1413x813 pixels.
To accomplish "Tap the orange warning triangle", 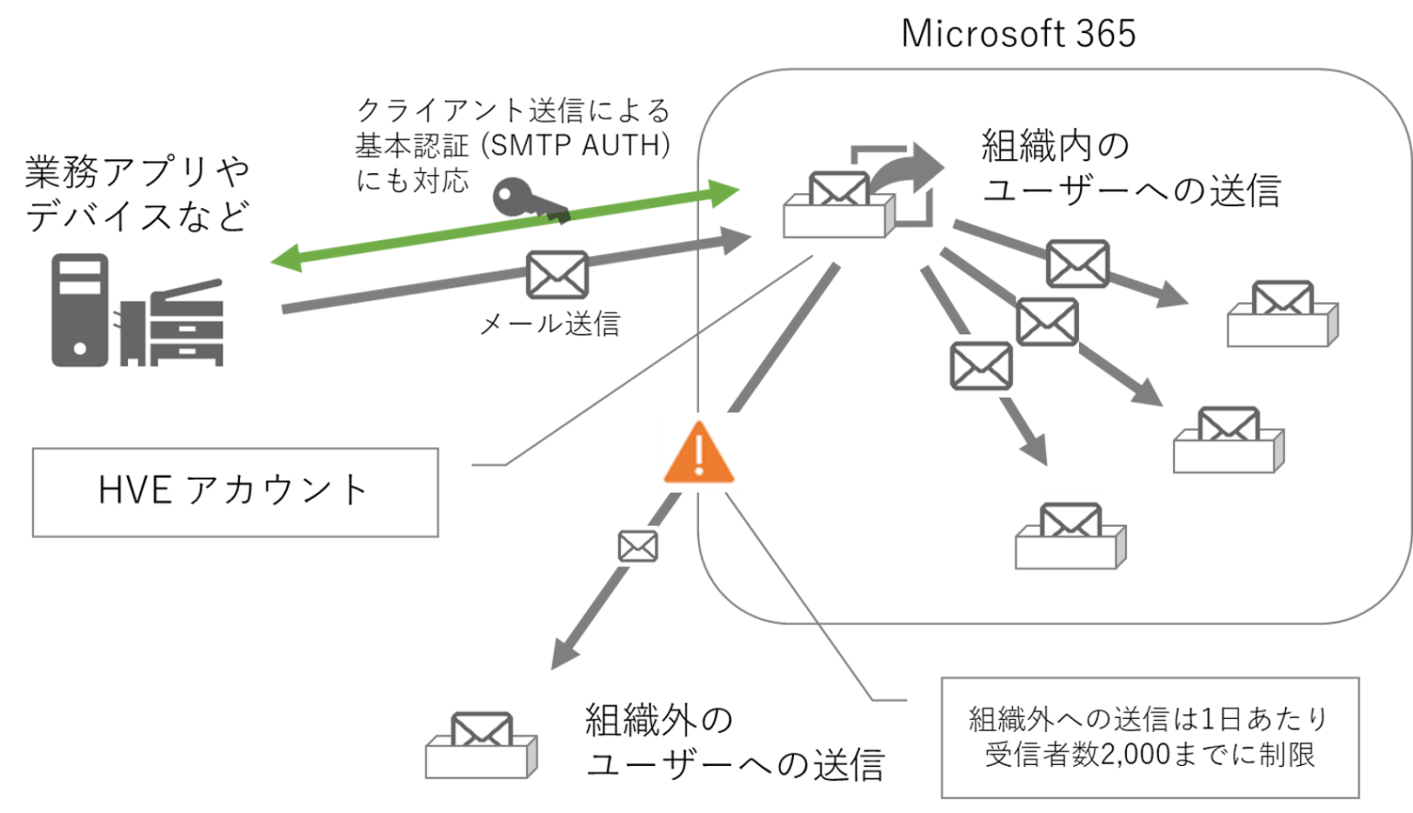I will point(700,452).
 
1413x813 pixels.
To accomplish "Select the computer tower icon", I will point(80,310).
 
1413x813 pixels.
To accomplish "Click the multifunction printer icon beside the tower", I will point(173,323).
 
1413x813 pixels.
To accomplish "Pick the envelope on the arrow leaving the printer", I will point(557,274).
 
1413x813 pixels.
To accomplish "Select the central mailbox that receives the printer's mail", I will point(838,206).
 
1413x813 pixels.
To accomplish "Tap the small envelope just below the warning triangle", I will point(638,547).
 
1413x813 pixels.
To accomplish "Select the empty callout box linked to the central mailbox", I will point(235,493).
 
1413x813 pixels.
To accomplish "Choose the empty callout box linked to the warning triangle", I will point(1150,738).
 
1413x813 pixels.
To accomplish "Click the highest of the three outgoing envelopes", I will point(1077,263).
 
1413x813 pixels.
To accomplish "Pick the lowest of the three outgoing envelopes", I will point(981,366).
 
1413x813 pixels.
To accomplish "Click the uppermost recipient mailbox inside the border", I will point(1282,313).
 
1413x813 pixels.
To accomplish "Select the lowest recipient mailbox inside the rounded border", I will point(1071,536).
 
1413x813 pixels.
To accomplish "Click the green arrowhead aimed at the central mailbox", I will point(727,193).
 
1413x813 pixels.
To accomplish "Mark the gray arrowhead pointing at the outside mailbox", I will point(564,656).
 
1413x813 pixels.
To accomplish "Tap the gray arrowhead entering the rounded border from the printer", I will point(736,240).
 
